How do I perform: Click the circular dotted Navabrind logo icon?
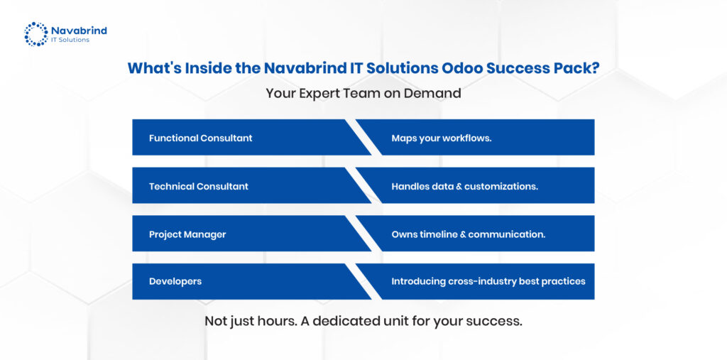tap(36, 34)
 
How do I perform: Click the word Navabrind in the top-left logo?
tap(79, 31)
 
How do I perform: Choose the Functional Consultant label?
tap(201, 138)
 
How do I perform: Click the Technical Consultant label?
tap(199, 186)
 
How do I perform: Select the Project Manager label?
tap(187, 234)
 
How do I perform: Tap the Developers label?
tap(175, 282)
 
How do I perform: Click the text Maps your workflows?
tap(442, 138)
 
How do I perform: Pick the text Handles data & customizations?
tap(464, 186)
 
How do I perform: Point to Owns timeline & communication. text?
tap(469, 234)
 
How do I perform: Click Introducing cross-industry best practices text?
tap(488, 282)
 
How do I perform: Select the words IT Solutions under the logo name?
tap(70, 40)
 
